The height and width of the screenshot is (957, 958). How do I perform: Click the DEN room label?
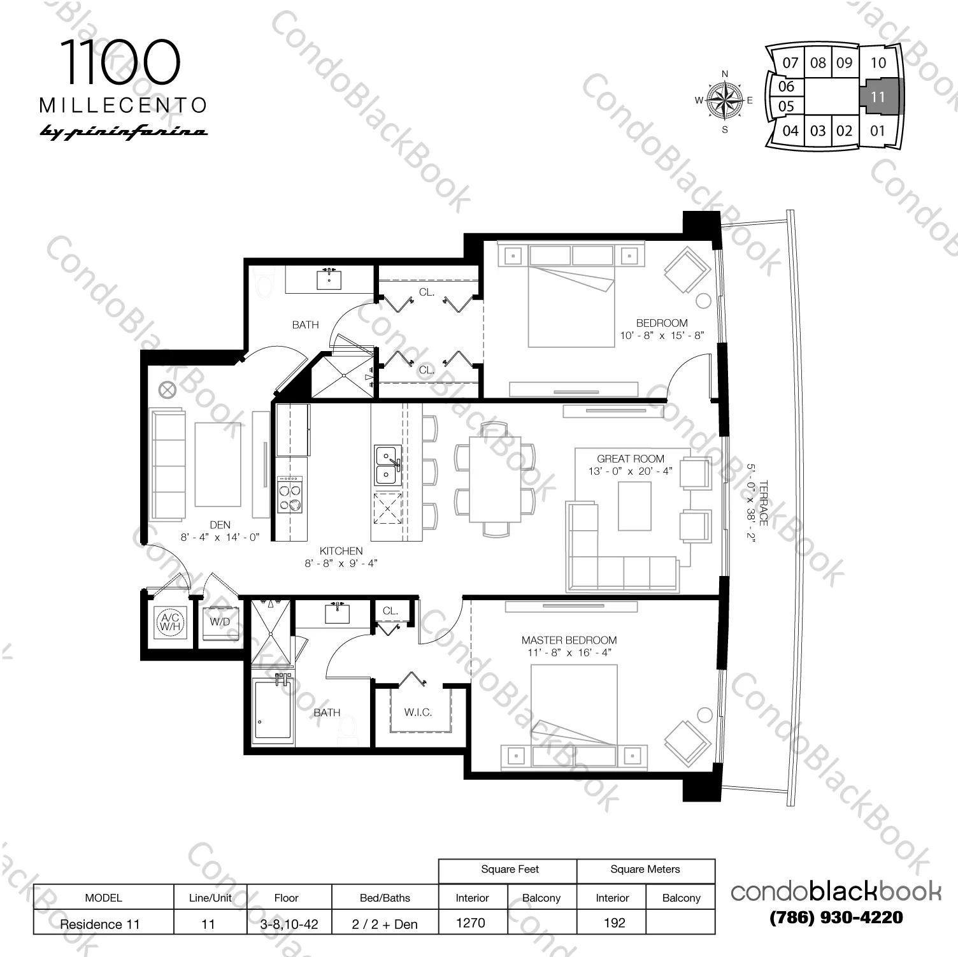pos(220,525)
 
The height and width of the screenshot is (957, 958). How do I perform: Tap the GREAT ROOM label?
pos(631,459)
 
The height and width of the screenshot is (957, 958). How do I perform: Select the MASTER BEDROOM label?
pos(569,640)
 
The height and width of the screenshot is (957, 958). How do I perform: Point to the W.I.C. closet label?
pos(418,712)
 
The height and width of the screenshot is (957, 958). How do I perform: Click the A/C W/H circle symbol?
pos(170,622)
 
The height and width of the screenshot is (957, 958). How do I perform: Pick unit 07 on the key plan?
pos(790,63)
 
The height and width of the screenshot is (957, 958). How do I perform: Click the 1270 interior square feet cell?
pos(471,923)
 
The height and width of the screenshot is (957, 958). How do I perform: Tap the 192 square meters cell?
pos(614,923)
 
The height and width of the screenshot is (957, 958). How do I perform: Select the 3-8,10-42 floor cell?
pos(289,924)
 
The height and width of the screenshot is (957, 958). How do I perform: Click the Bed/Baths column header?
pos(385,898)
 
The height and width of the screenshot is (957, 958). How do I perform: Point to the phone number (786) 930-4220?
pos(836,917)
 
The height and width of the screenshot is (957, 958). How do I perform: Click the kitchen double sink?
pos(387,465)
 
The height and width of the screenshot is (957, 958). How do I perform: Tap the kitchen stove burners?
pos(290,494)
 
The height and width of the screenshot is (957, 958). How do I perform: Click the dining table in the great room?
pos(495,478)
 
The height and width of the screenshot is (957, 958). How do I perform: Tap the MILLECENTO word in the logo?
pos(124,105)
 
